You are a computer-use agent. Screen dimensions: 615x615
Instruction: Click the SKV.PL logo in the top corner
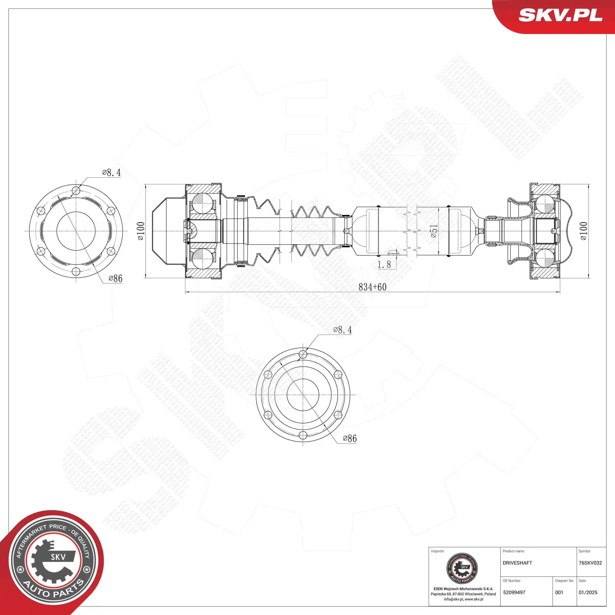(x=560, y=15)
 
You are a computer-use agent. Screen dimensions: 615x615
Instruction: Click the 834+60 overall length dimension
(x=372, y=287)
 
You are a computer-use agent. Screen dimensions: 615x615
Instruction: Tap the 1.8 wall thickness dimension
(x=384, y=264)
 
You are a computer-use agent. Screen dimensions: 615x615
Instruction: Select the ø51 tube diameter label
(x=434, y=231)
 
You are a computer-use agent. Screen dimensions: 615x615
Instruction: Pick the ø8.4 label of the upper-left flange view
(x=111, y=172)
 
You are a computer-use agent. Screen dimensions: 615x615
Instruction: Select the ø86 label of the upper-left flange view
(x=115, y=278)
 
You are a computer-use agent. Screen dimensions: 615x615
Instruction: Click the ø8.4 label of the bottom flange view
(x=342, y=330)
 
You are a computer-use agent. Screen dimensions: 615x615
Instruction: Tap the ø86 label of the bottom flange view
(x=350, y=438)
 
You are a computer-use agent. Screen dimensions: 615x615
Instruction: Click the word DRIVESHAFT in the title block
(x=517, y=563)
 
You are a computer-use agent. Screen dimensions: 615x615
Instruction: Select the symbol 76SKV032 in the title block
(x=590, y=563)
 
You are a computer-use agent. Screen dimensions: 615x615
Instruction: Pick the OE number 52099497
(x=514, y=592)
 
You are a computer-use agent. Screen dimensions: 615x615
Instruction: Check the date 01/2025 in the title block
(x=588, y=592)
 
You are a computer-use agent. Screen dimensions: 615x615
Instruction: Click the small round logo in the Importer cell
(x=462, y=569)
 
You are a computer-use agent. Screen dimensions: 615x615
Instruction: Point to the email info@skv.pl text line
(x=463, y=599)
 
